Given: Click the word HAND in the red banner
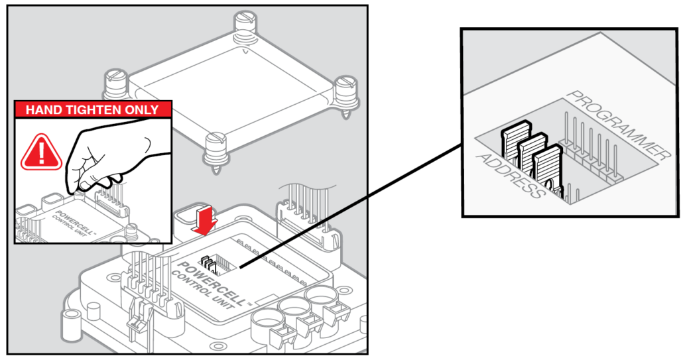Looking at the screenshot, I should [45, 109].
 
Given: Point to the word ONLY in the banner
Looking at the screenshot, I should [141, 109].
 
